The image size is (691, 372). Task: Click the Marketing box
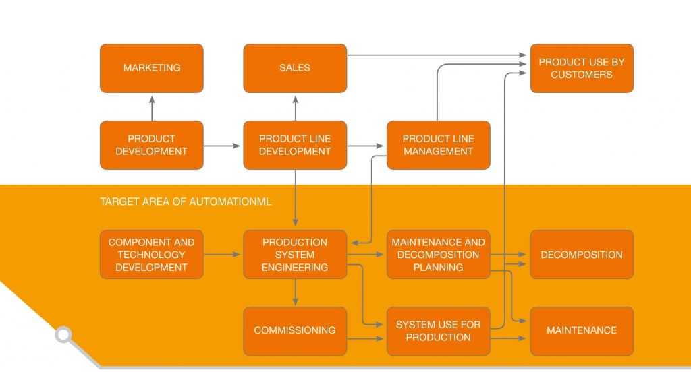click(152, 68)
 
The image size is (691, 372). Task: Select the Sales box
click(295, 68)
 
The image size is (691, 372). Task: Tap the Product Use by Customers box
click(581, 68)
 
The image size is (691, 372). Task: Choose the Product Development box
click(152, 145)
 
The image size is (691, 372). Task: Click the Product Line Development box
click(295, 145)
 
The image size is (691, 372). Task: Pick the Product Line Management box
click(438, 145)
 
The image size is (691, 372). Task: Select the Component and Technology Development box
click(152, 254)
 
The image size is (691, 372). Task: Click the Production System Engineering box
click(295, 254)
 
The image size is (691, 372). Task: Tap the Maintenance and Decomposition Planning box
click(438, 254)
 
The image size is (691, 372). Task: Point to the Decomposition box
click(581, 254)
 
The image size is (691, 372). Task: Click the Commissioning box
click(295, 331)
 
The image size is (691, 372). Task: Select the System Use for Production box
click(438, 331)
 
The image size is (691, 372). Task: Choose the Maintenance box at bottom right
click(581, 331)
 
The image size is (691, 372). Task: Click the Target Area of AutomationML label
click(186, 201)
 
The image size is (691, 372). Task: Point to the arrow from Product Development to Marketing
click(152, 107)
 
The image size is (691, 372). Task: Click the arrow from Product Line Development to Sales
click(295, 107)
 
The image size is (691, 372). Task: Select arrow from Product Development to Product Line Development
click(223, 145)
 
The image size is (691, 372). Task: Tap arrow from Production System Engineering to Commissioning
click(295, 292)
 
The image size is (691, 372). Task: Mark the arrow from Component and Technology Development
click(223, 254)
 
